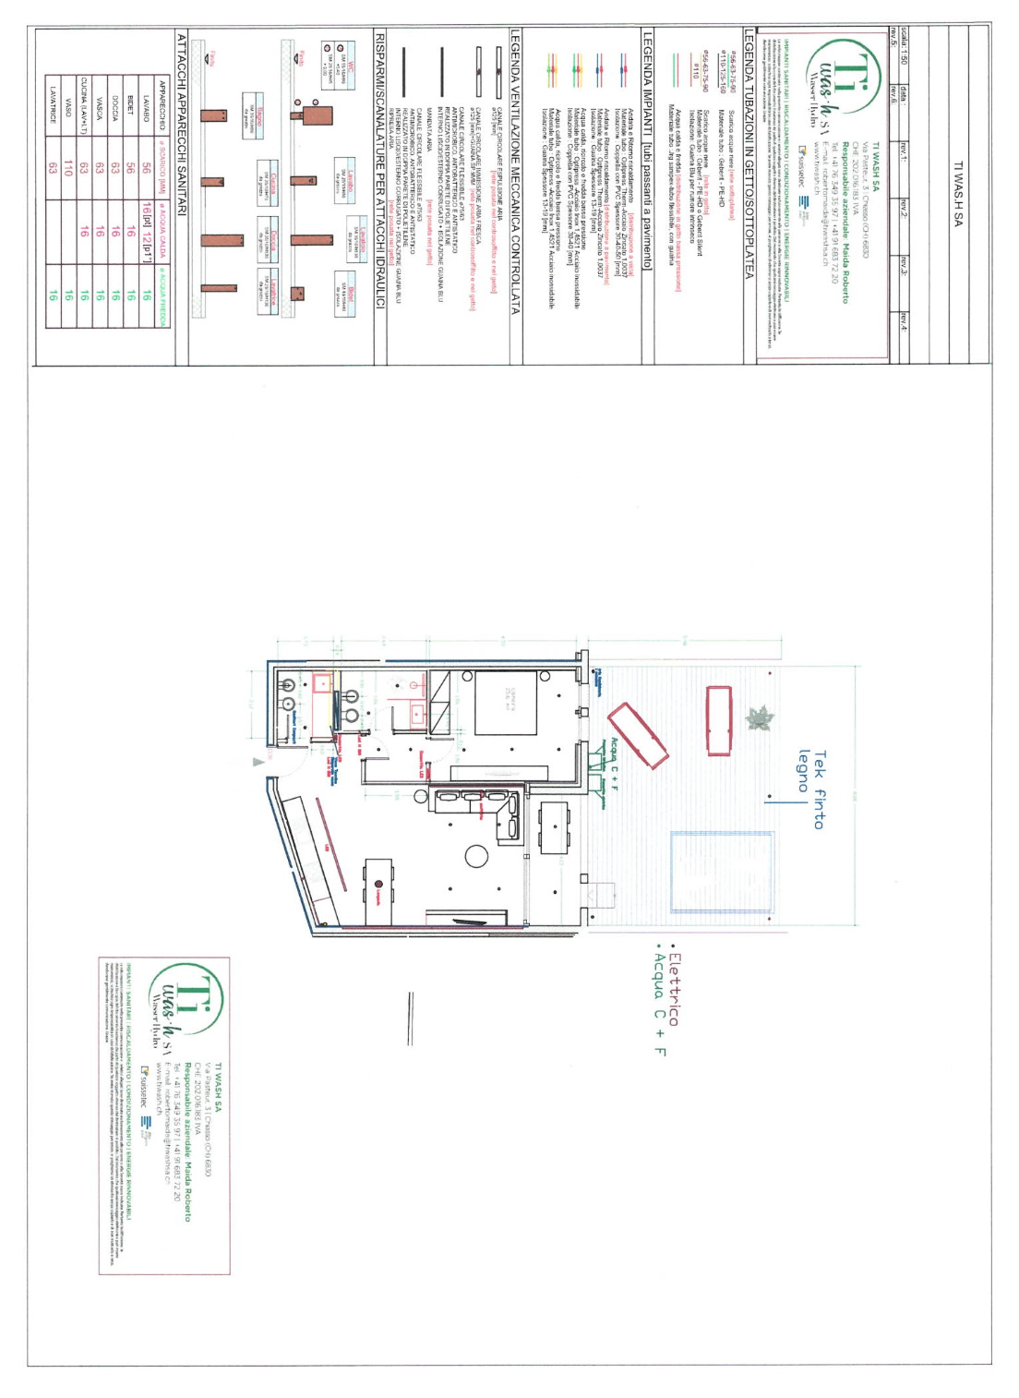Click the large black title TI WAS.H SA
tap(958, 194)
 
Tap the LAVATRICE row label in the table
tap(53, 105)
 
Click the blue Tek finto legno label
tap(809, 790)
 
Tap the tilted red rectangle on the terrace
tap(638, 735)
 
